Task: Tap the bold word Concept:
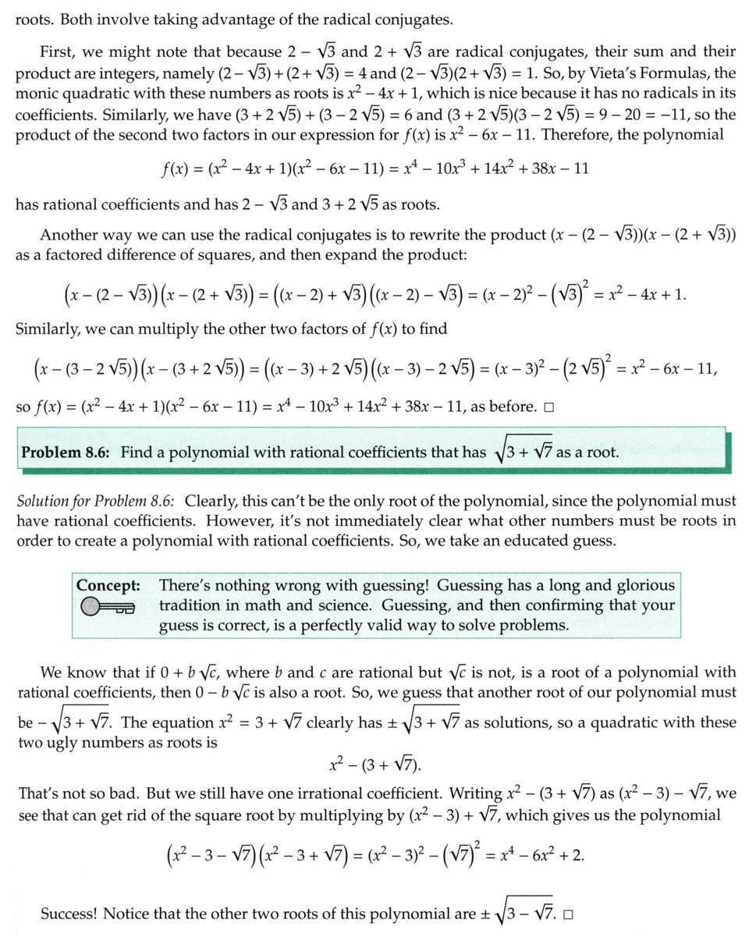[108, 585]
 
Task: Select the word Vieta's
[603, 73]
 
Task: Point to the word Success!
[69, 914]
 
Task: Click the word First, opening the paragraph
[59, 52]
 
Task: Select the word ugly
[69, 743]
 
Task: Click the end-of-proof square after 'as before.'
[549, 407]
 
